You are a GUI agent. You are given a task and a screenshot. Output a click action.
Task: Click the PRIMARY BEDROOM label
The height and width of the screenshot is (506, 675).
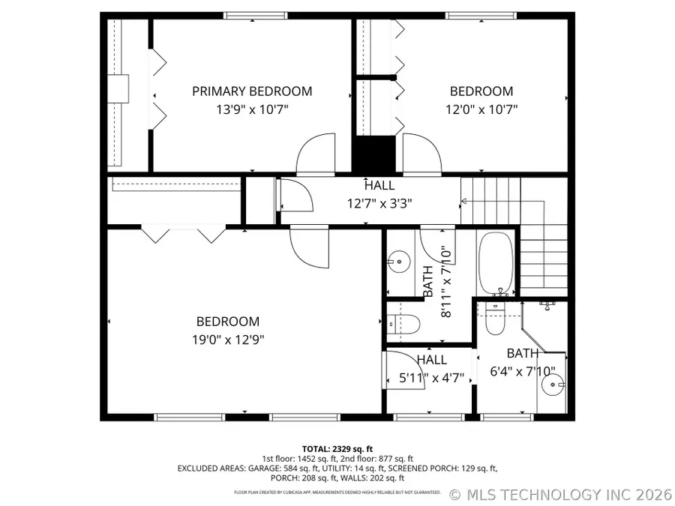click(x=252, y=91)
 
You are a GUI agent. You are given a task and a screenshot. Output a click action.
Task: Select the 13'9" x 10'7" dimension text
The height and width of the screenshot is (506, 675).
click(x=252, y=109)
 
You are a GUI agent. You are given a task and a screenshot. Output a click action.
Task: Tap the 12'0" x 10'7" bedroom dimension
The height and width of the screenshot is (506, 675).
click(x=481, y=109)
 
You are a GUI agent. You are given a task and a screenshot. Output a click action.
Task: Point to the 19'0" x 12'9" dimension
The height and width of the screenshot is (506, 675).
click(x=228, y=339)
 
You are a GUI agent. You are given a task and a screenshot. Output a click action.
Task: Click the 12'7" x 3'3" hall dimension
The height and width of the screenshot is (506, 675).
click(x=379, y=202)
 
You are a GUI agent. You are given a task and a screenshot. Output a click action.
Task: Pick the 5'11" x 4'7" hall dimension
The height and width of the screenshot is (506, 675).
click(x=431, y=378)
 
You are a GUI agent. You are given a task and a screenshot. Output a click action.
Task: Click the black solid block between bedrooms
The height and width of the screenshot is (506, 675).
click(x=373, y=155)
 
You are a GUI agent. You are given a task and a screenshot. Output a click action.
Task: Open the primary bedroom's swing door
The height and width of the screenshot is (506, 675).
click(x=315, y=154)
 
